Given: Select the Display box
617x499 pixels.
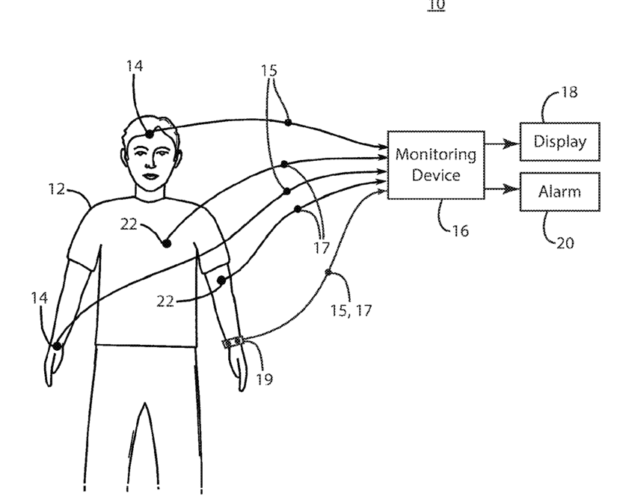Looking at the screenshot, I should tap(559, 141).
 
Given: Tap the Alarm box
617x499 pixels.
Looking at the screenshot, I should tap(559, 191).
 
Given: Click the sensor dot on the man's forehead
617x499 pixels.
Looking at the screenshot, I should tap(150, 133).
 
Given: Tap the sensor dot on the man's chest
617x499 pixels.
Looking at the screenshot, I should tap(166, 243).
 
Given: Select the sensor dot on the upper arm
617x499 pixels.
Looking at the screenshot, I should tap(221, 280).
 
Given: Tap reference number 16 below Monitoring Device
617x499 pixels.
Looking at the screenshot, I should tap(461, 231).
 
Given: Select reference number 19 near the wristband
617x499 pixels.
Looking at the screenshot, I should tap(264, 379).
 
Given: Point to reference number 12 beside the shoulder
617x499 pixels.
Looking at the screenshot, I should tap(57, 189).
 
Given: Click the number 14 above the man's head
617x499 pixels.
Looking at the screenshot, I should tap(135, 67).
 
